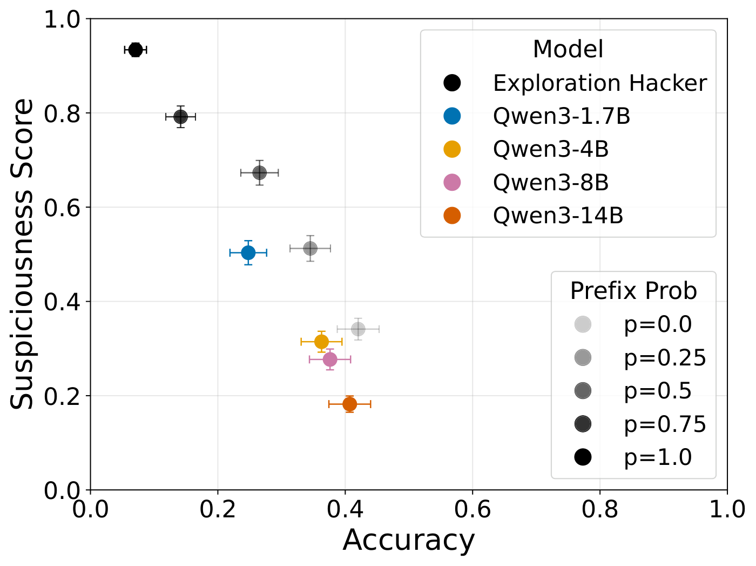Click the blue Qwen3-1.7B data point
[x=248, y=252]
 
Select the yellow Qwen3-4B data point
[x=321, y=342]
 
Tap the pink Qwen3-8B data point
[x=330, y=359]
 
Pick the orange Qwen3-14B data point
[x=349, y=404]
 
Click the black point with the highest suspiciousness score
[x=136, y=50]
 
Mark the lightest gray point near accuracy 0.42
[x=358, y=329]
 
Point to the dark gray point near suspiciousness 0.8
[x=180, y=117]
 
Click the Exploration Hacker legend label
[x=600, y=83]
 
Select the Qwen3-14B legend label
[x=558, y=216]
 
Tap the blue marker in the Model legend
[x=452, y=116]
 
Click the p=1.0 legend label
[x=658, y=457]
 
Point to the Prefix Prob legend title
[x=633, y=291]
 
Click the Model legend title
[x=568, y=49]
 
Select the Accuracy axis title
[x=408, y=541]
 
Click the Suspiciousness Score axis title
[x=22, y=254]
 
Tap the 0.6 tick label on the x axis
[x=472, y=509]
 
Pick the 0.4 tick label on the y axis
[x=62, y=302]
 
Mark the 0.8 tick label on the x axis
[x=599, y=509]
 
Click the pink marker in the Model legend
[x=452, y=182]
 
